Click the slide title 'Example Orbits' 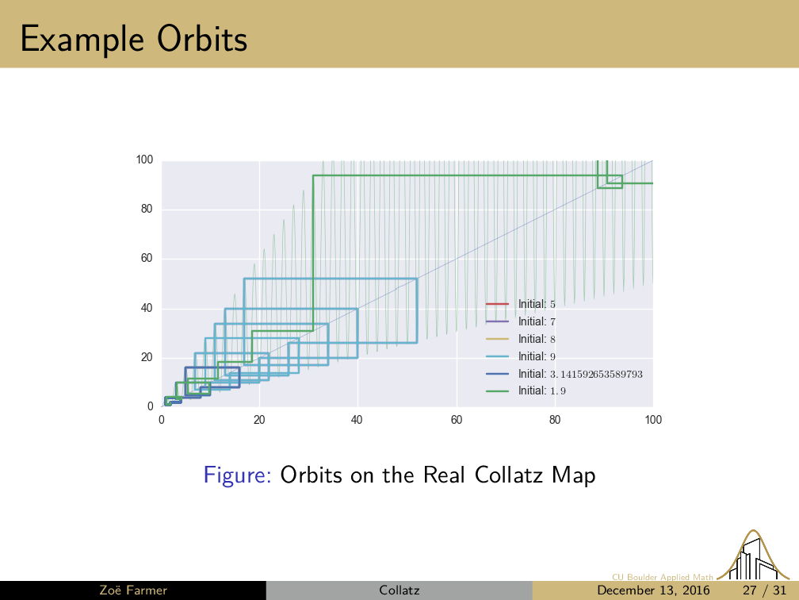(x=134, y=40)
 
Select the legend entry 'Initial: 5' (x=521, y=304)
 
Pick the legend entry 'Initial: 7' (x=521, y=321)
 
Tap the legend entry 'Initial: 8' (x=521, y=339)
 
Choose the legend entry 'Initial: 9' (x=521, y=356)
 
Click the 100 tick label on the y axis (x=145, y=160)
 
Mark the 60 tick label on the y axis (x=147, y=258)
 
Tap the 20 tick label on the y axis (x=147, y=357)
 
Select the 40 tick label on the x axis (x=357, y=420)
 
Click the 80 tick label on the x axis (x=554, y=420)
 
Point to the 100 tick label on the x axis (x=653, y=420)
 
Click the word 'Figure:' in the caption (x=238, y=475)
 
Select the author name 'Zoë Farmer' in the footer (x=133, y=590)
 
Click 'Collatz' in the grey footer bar (x=399, y=590)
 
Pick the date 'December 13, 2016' (x=653, y=590)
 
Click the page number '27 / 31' (x=764, y=590)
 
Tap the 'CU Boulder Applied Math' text (x=663, y=577)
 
